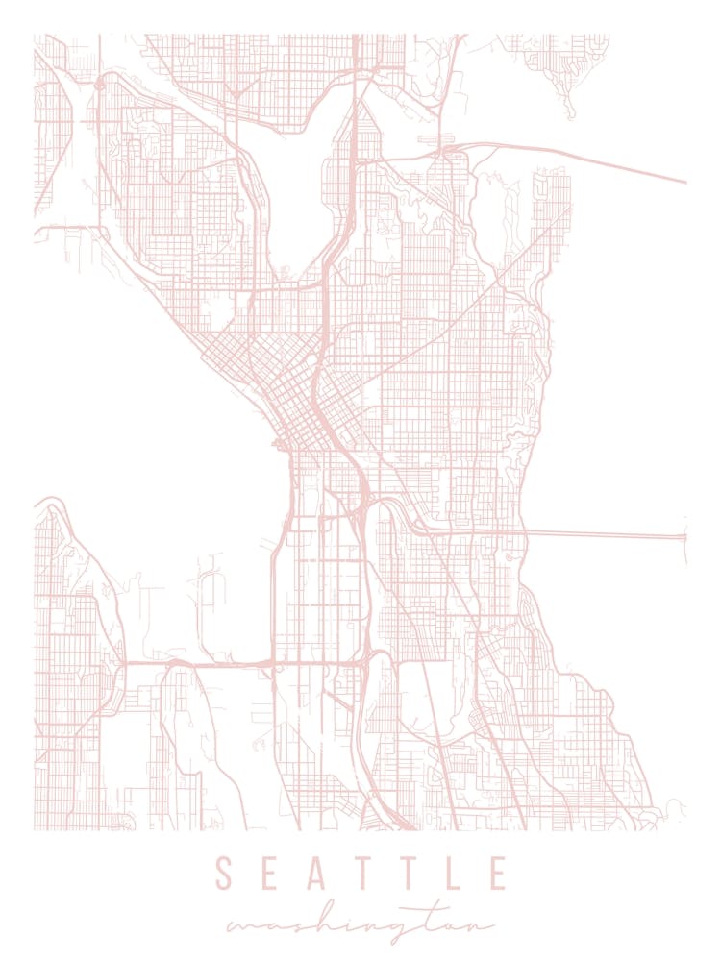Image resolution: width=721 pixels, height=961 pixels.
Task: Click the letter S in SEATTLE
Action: [x=223, y=874]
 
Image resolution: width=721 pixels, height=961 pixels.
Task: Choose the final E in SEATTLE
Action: [x=497, y=874]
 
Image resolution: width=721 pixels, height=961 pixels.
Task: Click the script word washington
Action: [x=360, y=925]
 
